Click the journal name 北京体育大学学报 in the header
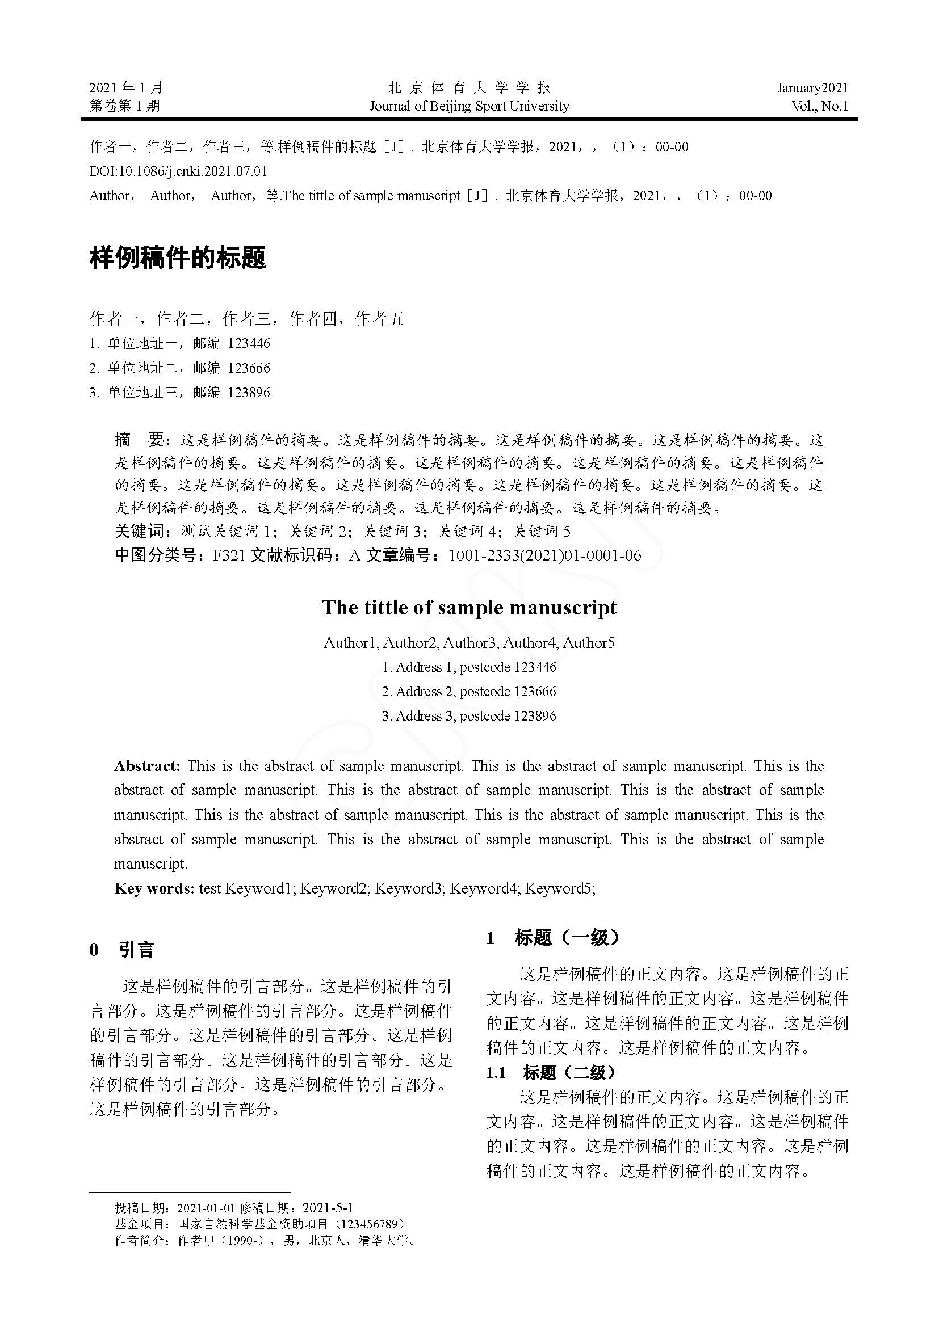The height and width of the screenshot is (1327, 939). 469,88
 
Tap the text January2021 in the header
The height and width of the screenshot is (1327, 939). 812,88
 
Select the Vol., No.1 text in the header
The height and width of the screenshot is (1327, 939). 820,106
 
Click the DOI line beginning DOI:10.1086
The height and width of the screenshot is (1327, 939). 178,171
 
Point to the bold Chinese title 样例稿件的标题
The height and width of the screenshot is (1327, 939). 178,258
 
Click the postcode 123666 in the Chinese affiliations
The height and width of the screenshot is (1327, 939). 249,368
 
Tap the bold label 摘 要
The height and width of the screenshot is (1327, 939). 140,440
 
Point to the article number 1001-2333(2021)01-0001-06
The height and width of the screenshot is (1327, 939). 544,555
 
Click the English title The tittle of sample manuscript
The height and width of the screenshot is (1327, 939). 469,608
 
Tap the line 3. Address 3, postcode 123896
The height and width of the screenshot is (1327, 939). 469,716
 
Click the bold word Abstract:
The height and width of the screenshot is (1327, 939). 148,766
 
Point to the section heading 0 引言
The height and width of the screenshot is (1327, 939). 122,950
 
